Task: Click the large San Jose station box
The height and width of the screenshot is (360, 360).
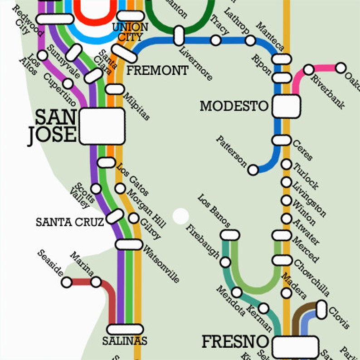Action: click(x=102, y=126)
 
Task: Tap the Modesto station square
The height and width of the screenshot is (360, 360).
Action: click(x=286, y=106)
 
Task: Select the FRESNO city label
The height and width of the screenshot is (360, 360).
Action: click(x=235, y=341)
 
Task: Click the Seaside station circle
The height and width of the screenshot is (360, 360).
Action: click(x=67, y=282)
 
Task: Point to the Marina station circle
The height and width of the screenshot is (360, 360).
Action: click(x=96, y=282)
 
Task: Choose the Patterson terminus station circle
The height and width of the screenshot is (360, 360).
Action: click(x=253, y=170)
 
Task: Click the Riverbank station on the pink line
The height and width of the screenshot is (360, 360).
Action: click(x=309, y=69)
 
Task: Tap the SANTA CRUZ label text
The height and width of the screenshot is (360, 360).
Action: click(x=70, y=222)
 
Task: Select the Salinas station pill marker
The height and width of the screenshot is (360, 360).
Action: click(x=125, y=330)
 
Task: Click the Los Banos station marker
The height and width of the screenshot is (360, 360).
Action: click(x=230, y=235)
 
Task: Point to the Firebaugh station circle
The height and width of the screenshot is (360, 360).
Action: click(x=225, y=262)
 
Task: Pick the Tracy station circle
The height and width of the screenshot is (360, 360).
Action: click(x=216, y=40)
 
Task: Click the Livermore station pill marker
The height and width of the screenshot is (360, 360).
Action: click(x=179, y=35)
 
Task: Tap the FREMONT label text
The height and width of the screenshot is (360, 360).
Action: click(x=157, y=71)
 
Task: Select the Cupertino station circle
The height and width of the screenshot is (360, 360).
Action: click(x=68, y=83)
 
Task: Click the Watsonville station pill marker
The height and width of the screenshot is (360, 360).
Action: click(x=129, y=244)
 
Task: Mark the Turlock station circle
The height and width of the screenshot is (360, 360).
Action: click(x=286, y=165)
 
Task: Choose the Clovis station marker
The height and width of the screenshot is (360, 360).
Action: click(x=321, y=309)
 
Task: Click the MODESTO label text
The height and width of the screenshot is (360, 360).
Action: click(x=234, y=106)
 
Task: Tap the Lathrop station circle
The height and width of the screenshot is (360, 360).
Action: click(x=250, y=40)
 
